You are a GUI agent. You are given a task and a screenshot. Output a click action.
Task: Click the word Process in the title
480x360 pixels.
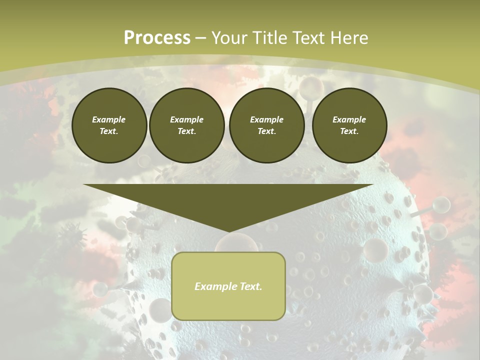[157, 38]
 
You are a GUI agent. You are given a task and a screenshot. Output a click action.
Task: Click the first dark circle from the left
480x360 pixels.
[109, 125]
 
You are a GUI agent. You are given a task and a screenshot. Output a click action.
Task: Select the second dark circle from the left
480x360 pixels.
[187, 125]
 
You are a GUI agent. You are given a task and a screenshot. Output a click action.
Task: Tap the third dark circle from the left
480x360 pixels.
[267, 125]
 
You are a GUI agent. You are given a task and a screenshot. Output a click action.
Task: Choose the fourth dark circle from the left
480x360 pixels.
[349, 125]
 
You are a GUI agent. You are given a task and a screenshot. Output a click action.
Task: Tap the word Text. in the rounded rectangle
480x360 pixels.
[250, 286]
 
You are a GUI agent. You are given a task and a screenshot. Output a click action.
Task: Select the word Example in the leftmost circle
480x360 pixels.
[109, 119]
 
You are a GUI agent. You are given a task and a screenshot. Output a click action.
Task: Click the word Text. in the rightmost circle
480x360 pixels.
[349, 131]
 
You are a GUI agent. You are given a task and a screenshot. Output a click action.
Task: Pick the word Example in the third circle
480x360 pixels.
[267, 119]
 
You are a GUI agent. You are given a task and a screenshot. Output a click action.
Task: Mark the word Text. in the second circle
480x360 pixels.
[187, 131]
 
